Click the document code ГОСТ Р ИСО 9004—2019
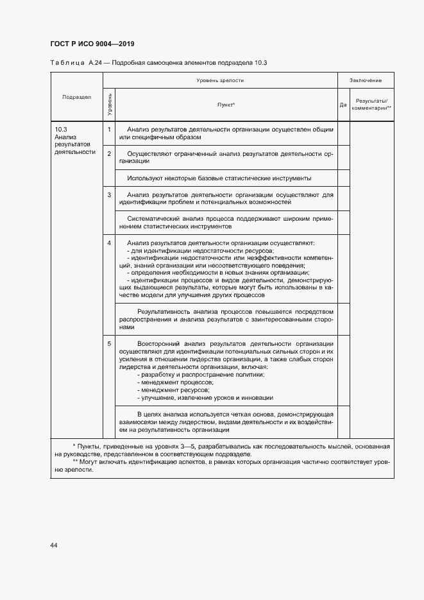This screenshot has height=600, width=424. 92,44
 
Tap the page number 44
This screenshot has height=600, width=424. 53,545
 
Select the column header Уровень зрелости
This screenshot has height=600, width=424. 220,80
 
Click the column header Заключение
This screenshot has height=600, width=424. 366,80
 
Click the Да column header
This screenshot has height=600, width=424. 343,105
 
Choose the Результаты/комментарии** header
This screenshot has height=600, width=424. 371,105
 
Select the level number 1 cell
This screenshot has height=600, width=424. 109,129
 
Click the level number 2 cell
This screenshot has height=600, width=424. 109,153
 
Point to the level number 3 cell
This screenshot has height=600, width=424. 109,194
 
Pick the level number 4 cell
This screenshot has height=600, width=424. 109,243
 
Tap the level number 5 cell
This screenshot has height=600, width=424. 109,343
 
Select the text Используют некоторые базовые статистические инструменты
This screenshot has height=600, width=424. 219,178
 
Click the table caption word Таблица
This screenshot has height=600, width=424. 64,62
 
